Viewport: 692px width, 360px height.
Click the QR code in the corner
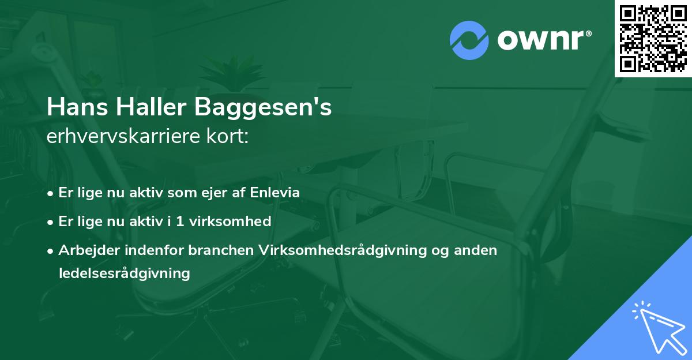653,38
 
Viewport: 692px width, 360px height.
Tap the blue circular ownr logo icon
469,40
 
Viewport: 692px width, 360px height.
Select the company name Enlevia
275,193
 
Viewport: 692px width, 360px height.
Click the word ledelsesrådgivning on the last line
124,273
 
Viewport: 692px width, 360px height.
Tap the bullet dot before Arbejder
51,250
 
